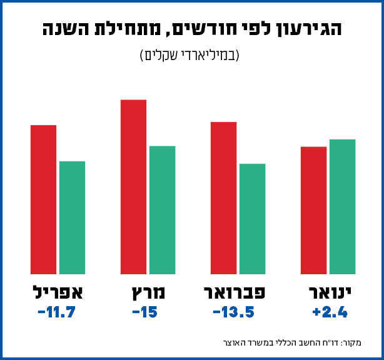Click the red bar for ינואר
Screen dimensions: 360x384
313,210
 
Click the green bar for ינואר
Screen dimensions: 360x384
342,207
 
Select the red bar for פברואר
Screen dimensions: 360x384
223,198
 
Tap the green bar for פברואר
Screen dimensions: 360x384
252,219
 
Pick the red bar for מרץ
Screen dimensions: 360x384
133,187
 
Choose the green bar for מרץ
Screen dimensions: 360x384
162,210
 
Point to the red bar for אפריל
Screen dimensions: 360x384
43,200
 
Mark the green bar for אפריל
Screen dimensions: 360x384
72,218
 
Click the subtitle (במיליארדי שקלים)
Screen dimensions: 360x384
191,55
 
